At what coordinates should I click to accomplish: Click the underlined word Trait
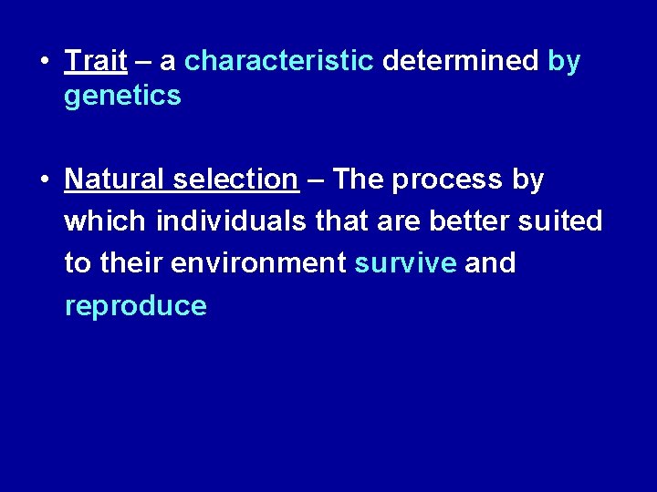95,61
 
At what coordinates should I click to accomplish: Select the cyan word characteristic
279,61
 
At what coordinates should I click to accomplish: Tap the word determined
461,61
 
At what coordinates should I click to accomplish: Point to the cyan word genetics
122,97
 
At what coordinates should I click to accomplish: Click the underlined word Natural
115,179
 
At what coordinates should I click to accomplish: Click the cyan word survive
405,263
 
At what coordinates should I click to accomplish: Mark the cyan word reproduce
135,306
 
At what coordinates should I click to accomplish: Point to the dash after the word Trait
142,62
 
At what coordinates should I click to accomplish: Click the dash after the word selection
315,180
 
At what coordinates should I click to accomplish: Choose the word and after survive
490,263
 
